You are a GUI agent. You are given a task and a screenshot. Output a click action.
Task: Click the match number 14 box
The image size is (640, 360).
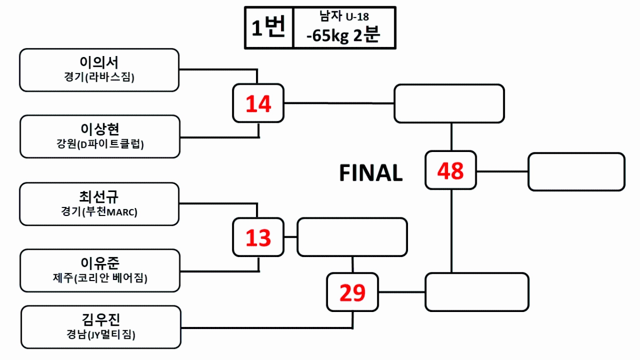click(259, 103)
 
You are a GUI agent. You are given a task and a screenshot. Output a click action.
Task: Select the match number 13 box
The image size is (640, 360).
click(259, 237)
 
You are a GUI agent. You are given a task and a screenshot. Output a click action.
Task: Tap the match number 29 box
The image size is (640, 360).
click(353, 292)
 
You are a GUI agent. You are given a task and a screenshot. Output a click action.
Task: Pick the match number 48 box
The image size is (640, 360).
click(451, 171)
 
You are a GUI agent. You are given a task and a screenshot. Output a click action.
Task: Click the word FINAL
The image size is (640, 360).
click(371, 173)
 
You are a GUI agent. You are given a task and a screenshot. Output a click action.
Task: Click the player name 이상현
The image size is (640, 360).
click(100, 129)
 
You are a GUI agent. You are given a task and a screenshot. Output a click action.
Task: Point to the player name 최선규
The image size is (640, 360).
click(99, 196)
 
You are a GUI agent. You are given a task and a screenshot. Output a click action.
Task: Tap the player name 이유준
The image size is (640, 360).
click(100, 263)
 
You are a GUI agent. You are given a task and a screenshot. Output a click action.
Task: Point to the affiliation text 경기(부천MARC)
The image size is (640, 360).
click(99, 212)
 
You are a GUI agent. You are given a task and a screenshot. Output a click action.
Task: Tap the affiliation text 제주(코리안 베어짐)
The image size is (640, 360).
click(100, 278)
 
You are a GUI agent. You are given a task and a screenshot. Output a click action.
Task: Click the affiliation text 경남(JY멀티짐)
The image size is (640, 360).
click(101, 335)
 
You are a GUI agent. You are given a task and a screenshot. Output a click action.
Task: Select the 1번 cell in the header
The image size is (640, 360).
click(269, 28)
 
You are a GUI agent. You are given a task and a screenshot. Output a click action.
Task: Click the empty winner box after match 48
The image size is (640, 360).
click(576, 172)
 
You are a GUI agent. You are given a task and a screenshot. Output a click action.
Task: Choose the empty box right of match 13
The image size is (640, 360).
click(352, 237)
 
